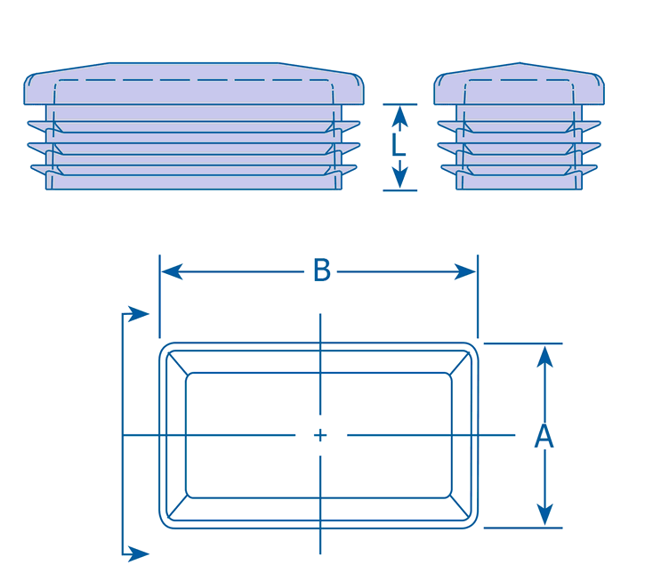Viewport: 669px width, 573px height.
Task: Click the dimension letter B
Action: (x=321, y=271)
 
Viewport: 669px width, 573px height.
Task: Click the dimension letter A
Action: (x=544, y=437)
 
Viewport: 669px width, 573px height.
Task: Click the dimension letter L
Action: (x=399, y=146)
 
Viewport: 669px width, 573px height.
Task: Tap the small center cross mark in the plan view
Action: (x=320, y=435)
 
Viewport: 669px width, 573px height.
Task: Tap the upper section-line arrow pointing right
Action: (x=137, y=313)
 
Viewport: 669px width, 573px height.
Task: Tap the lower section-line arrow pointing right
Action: (x=137, y=553)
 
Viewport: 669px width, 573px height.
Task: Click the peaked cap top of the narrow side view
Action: (x=520, y=66)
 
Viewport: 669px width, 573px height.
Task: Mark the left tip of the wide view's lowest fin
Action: (x=34, y=167)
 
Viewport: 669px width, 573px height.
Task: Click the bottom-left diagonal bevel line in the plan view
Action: (x=177, y=509)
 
